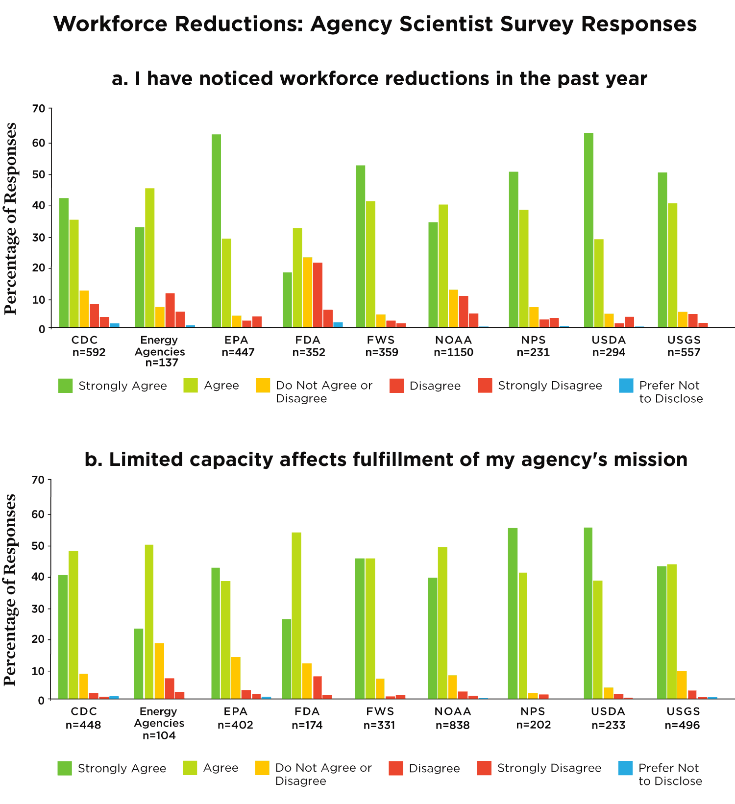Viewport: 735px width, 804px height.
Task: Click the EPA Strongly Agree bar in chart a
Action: (216, 231)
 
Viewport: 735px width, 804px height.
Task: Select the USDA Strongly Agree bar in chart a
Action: (588, 230)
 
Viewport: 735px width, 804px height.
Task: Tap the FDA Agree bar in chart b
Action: (296, 615)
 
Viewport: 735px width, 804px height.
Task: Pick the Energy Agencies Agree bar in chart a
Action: (149, 258)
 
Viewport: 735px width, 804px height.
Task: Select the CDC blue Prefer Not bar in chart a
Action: (115, 325)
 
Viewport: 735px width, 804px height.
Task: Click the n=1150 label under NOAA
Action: (453, 352)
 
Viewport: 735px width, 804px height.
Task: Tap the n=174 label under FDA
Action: (307, 725)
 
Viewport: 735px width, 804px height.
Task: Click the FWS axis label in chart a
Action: (381, 340)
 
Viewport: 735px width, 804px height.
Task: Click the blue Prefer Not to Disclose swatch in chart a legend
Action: (626, 386)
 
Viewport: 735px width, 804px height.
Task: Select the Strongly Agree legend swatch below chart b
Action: (65, 768)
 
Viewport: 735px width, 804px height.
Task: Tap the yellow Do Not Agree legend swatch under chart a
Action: (263, 386)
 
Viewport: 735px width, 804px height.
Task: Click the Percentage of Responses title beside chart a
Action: (11, 219)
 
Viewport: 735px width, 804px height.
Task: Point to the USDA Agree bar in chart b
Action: (597, 639)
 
